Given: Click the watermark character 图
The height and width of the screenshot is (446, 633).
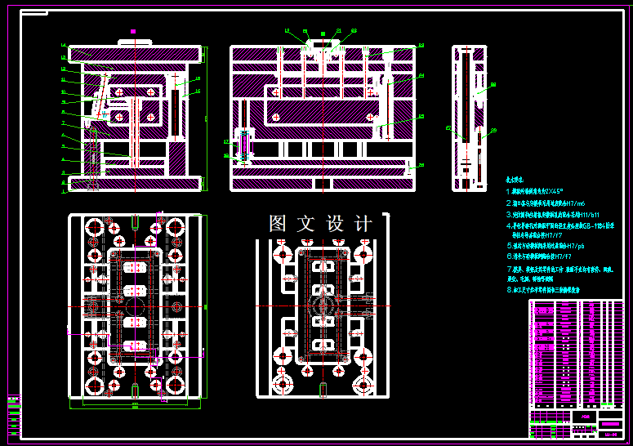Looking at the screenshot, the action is tap(279, 223).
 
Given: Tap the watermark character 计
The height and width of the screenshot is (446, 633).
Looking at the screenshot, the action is tap(363, 223).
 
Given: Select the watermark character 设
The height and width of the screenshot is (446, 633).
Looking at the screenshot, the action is tap(336, 223).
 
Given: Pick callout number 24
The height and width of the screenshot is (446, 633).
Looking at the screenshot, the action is tap(421, 76).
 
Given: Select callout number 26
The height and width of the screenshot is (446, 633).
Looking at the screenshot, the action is tap(421, 165).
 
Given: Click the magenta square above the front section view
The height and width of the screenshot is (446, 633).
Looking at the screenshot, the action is tap(133, 32).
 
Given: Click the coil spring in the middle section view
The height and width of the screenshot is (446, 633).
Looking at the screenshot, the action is tap(243, 147).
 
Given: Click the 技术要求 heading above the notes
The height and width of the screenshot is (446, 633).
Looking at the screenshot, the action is tap(515, 178).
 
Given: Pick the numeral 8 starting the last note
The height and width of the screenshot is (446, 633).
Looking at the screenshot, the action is tap(508, 289).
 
